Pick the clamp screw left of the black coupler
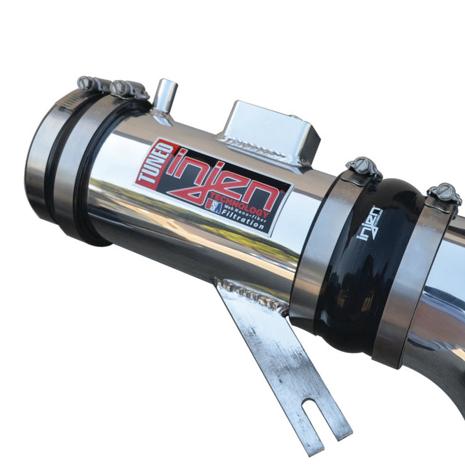tap(363, 168)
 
